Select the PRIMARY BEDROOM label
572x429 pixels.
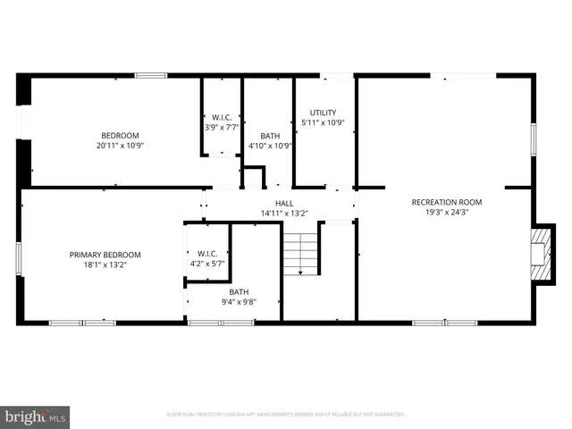[105, 255]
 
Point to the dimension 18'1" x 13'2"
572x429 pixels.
[105, 265]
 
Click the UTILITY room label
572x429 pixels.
[323, 113]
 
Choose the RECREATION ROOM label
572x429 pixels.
[446, 202]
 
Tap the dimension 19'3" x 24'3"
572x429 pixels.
[446, 213]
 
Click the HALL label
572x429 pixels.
[283, 204]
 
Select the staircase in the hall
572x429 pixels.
[301, 254]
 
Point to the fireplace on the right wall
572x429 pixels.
[539, 254]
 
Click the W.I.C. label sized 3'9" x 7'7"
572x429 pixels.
[222, 117]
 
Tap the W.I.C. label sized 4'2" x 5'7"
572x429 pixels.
[207, 253]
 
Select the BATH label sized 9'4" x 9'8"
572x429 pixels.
[239, 292]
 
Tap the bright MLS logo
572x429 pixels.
[36, 416]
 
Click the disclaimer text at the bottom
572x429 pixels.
[286, 415]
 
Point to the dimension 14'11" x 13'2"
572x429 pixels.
[283, 214]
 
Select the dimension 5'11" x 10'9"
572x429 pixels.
[323, 122]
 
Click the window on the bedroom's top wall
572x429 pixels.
[151, 76]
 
